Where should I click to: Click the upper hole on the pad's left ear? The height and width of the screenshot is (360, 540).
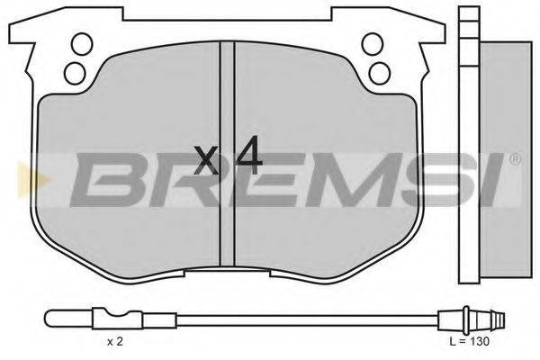80,41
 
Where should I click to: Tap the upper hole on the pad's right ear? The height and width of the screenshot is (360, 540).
370,41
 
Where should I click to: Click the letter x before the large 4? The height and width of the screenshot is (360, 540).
207,161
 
